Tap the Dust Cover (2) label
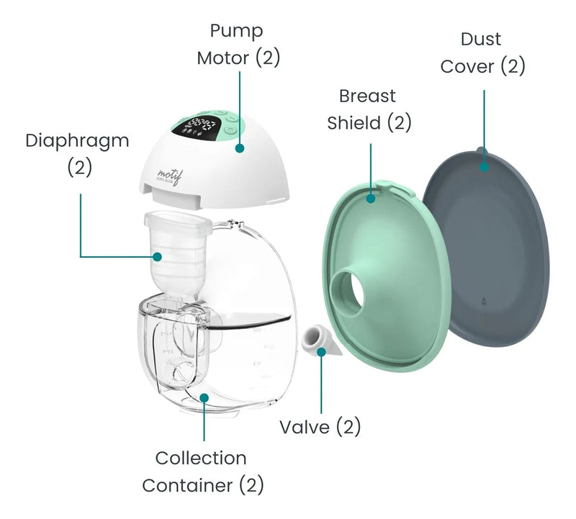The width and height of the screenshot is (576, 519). tap(482, 53)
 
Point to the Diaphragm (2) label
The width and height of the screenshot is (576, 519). tap(78, 153)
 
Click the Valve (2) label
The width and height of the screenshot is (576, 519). tap(320, 427)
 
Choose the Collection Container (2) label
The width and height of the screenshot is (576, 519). tap(202, 471)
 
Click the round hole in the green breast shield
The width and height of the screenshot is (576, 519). tap(352, 292)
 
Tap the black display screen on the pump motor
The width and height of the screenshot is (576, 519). tap(198, 124)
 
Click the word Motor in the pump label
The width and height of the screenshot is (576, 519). tap(223, 58)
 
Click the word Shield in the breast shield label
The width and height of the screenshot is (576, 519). tap(354, 122)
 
